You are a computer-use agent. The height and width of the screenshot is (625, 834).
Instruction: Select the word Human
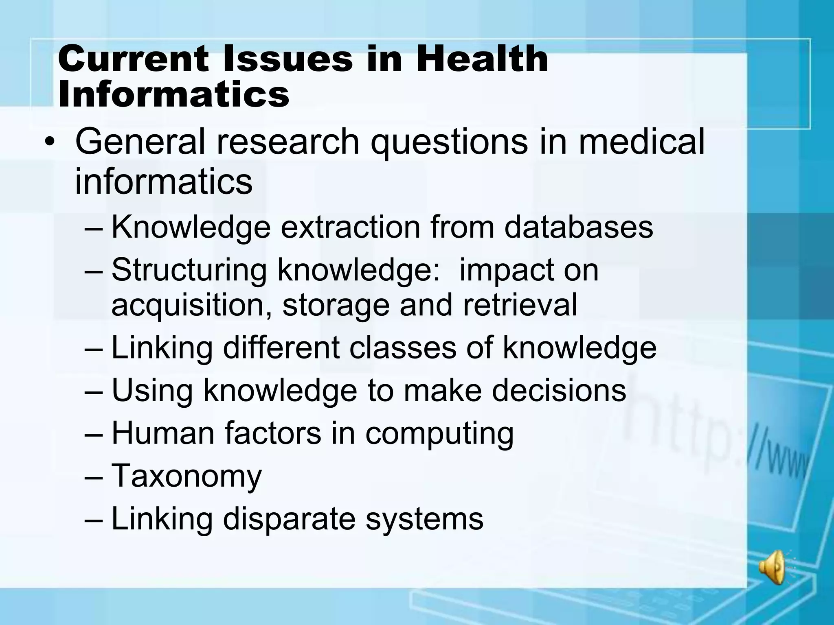pos(163,433)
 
